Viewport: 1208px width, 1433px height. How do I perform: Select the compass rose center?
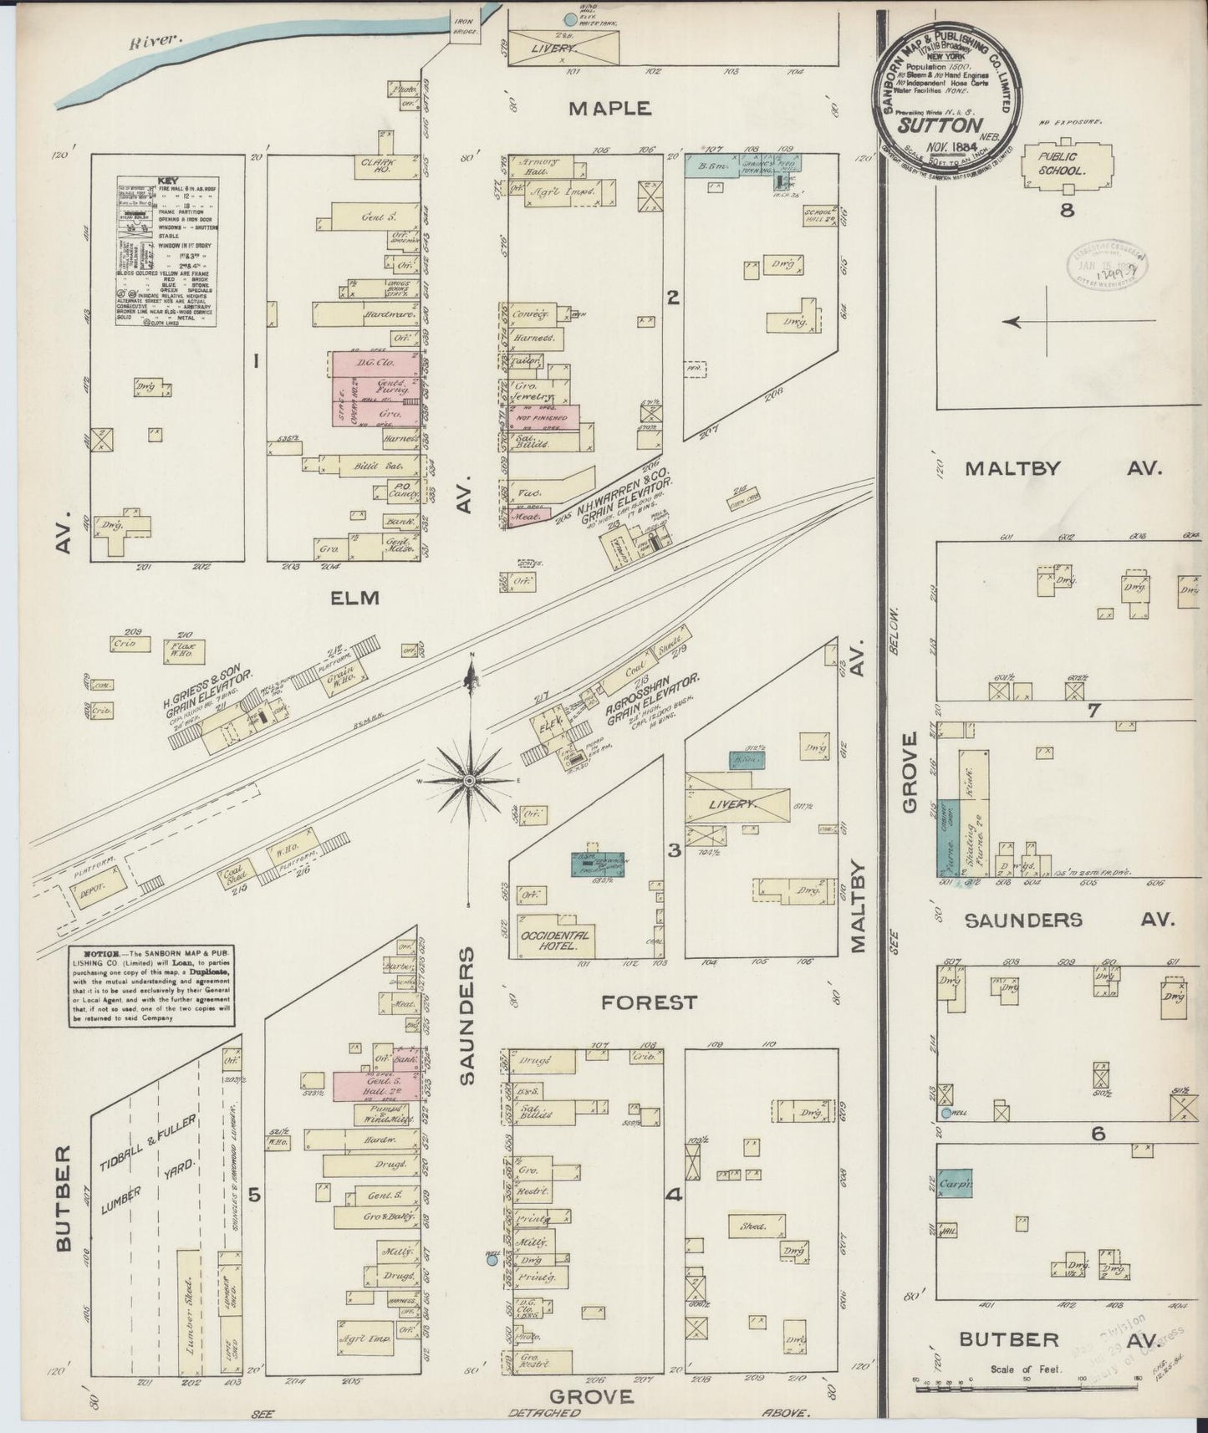click(471, 780)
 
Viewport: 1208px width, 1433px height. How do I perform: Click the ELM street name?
click(355, 598)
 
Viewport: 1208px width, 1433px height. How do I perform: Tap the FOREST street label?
click(649, 1002)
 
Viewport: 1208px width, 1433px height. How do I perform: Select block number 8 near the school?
click(1067, 210)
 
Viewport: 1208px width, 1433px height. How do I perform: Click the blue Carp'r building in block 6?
click(955, 1184)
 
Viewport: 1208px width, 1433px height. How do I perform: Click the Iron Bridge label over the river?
click(465, 27)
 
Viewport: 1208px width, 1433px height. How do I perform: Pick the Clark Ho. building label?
click(378, 164)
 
